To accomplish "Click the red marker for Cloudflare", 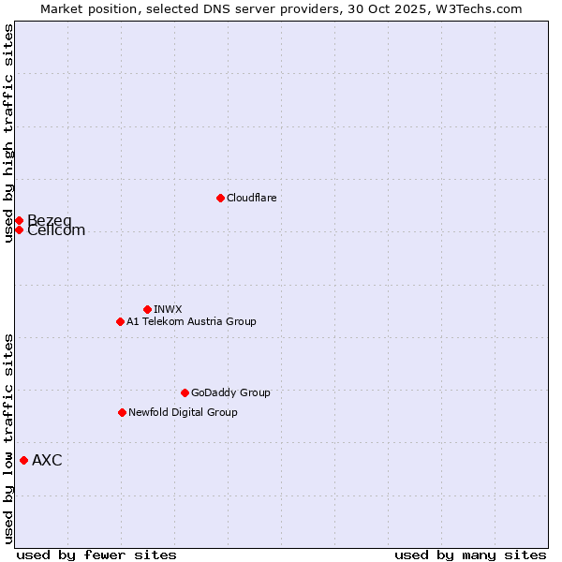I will point(220,198).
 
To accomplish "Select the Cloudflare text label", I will point(251,198).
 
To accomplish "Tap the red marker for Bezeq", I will point(19,220).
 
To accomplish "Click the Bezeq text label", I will point(49,220).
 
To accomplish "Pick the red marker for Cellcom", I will point(19,229).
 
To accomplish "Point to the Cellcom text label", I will point(56,231).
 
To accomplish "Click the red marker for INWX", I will point(147,309).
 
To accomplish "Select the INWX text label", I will point(168,309).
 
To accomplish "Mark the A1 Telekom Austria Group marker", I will point(120,321).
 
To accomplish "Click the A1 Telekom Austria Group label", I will point(191,321).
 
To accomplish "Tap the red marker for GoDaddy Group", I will point(185,392).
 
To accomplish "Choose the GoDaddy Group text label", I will point(230,392).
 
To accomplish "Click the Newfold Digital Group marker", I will point(122,412).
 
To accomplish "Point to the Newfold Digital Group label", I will point(183,412).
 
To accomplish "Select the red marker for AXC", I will point(23,460).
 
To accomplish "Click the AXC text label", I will point(47,460).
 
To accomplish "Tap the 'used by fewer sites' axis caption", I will point(96,555).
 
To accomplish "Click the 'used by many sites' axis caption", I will point(470,555).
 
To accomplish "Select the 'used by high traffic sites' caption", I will point(8,133).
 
